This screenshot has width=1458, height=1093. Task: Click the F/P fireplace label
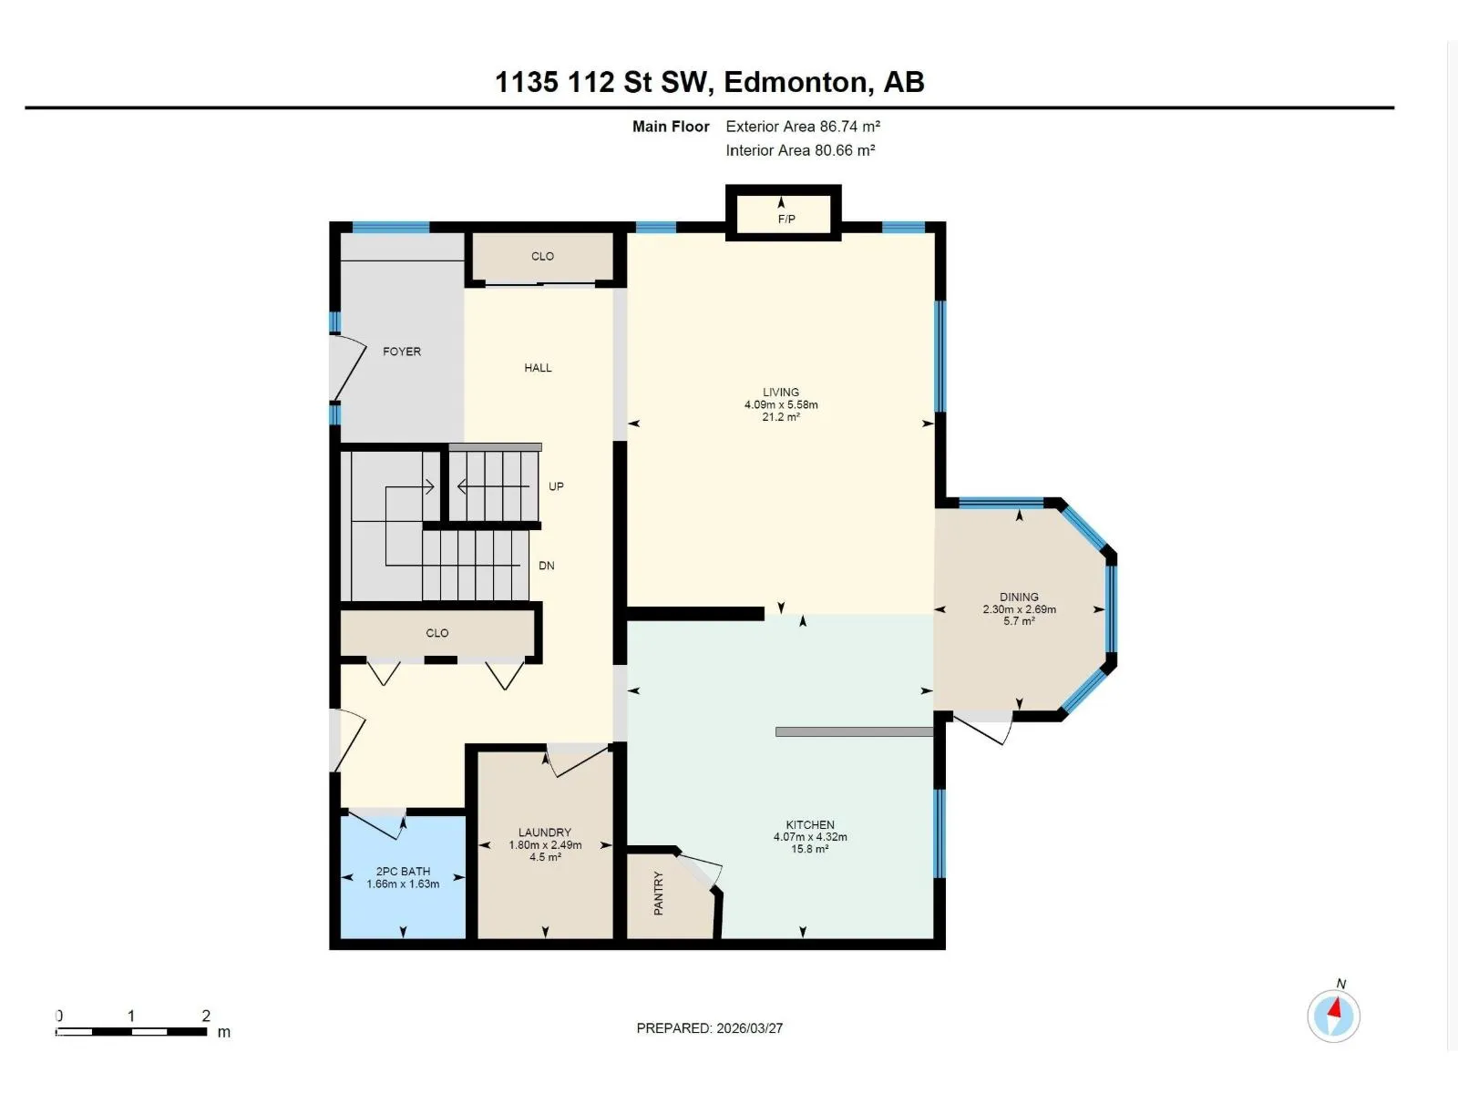click(786, 219)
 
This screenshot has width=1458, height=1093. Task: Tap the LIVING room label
click(780, 393)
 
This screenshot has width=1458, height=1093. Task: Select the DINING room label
click(1019, 598)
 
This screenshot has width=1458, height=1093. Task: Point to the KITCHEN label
click(810, 825)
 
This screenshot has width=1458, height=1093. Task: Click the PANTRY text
click(658, 894)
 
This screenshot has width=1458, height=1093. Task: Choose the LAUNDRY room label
click(545, 833)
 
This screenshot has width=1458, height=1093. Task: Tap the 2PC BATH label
click(403, 872)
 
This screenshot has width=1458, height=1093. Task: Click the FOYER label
click(402, 352)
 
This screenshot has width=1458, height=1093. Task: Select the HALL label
click(538, 368)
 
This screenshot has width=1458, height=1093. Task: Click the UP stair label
click(556, 486)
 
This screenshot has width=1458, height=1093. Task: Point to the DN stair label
click(546, 566)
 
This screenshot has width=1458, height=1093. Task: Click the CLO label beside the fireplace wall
click(543, 256)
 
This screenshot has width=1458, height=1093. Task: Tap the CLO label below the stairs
click(437, 633)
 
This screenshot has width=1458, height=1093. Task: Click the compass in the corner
click(1334, 1016)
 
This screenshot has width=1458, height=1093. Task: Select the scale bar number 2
click(206, 1016)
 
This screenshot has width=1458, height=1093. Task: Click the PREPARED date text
click(709, 1028)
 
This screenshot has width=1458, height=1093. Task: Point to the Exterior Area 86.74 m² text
click(803, 126)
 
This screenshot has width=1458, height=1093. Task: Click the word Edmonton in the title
click(796, 82)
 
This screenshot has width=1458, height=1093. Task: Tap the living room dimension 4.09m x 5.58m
click(781, 404)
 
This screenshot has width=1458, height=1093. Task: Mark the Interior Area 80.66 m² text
click(800, 150)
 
